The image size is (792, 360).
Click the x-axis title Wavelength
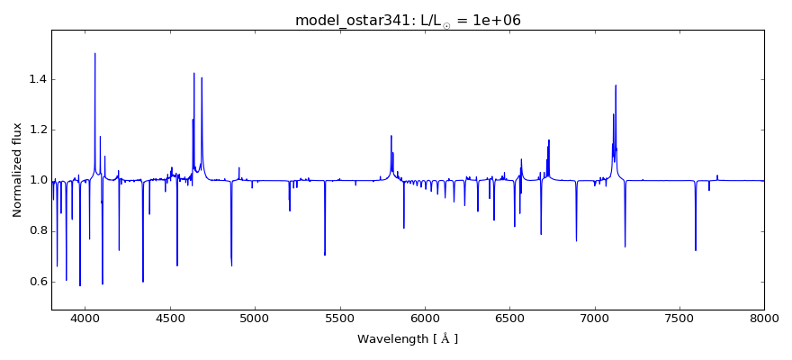(408, 339)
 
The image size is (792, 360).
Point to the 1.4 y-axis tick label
(35, 79)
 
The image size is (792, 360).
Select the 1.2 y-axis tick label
(35, 130)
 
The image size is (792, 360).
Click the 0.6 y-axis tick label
(35, 282)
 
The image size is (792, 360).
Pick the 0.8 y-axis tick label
(35, 231)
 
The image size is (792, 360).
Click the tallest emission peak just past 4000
(95, 54)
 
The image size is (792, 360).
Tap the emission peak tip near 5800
(391, 136)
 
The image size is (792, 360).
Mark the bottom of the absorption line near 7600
(696, 249)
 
